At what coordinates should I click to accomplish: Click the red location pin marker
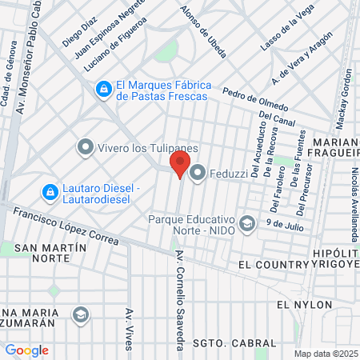(179, 164)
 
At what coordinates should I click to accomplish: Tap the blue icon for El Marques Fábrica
(103, 90)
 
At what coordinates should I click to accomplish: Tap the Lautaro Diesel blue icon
(50, 193)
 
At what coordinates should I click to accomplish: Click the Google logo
(26, 350)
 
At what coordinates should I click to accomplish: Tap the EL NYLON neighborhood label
(298, 305)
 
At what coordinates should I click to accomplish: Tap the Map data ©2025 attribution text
(326, 354)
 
